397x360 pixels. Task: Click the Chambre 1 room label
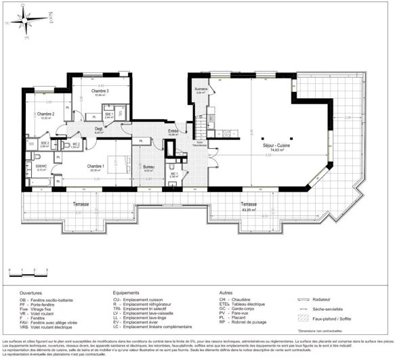click(95, 166)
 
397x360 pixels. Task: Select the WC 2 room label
click(76, 143)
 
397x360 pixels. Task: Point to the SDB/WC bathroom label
click(41, 166)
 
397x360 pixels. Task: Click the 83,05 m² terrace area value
click(249, 210)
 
